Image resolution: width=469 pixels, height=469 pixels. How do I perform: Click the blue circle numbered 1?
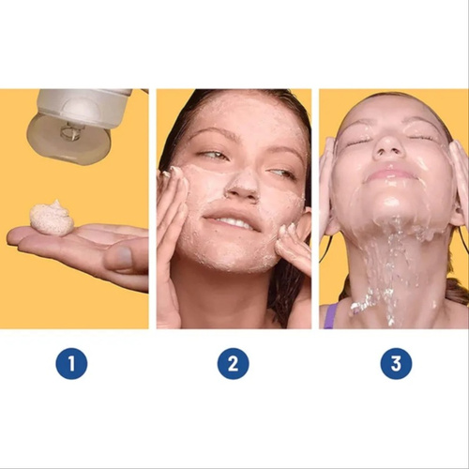71,363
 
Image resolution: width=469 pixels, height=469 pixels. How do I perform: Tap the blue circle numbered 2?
234,363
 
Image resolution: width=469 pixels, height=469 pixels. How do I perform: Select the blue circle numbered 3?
396,363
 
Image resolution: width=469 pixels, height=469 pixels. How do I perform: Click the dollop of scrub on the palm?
52,218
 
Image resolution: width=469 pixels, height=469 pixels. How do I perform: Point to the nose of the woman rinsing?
387,147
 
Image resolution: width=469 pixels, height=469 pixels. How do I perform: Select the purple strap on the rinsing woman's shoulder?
331,315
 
